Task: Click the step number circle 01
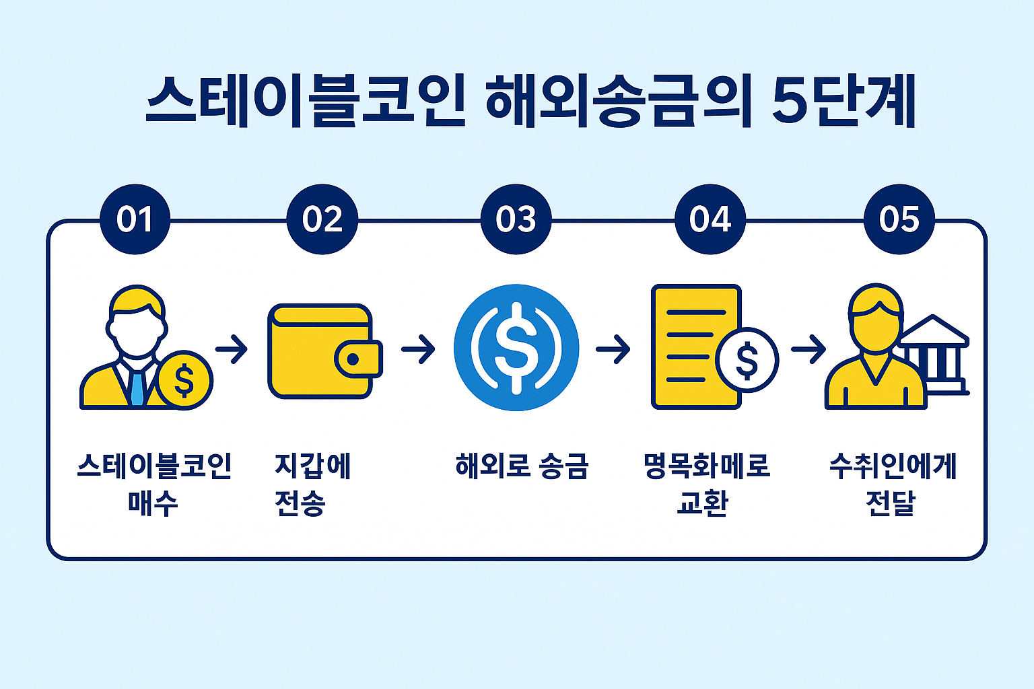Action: tap(135, 219)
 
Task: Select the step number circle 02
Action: tap(322, 219)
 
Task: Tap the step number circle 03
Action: tap(516, 219)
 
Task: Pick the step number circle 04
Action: tap(710, 219)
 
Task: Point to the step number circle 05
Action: tap(899, 219)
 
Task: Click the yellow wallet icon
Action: tap(325, 351)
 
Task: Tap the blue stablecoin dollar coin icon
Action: tap(516, 347)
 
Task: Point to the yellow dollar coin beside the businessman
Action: tap(184, 379)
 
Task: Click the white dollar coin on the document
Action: tap(747, 360)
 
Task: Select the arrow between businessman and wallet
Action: tap(232, 349)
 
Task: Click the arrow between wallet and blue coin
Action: tap(418, 349)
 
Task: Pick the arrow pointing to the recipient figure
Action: tap(808, 349)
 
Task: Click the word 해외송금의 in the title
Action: tap(618, 101)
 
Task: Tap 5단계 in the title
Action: tap(844, 101)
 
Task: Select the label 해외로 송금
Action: tap(522, 466)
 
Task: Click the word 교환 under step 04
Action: tap(703, 503)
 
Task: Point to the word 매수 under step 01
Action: tap(153, 503)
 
